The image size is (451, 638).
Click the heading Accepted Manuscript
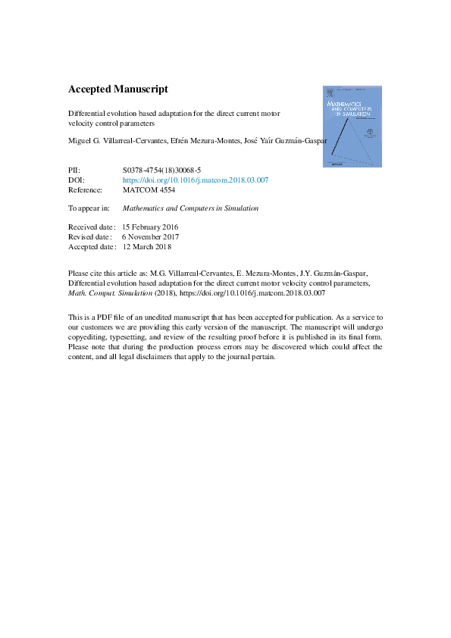point(117,89)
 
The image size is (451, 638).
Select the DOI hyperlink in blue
point(195,180)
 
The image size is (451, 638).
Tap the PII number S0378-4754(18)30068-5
point(161,170)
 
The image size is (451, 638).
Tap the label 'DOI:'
point(76,180)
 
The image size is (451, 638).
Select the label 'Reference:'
point(85,190)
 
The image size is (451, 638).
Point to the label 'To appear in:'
point(89,208)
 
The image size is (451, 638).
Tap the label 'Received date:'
point(92,227)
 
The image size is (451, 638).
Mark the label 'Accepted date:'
point(92,246)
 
